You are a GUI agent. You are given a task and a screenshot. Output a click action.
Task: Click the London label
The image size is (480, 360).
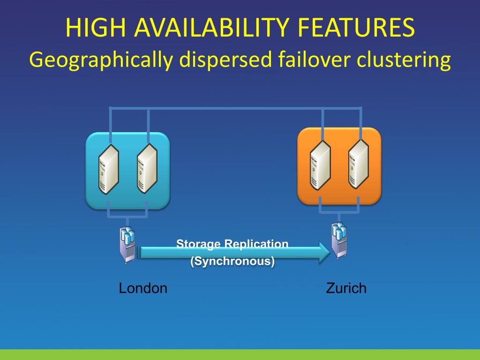coord(143,288)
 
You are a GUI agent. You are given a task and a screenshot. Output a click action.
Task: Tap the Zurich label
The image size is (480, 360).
coord(346,288)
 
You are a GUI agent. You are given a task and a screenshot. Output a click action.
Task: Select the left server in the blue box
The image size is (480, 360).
coord(108,169)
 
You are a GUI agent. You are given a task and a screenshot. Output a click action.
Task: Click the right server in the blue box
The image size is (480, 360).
coord(147,169)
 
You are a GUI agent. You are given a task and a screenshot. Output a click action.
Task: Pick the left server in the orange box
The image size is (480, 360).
coord(321,165)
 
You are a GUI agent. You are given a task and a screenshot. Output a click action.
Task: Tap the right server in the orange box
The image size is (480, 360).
coord(359,165)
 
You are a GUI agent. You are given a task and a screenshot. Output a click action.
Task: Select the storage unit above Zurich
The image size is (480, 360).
coord(339,240)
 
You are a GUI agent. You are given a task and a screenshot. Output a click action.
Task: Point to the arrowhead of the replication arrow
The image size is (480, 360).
coord(324,252)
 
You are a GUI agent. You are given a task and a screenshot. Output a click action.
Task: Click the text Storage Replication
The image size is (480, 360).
coord(232,244)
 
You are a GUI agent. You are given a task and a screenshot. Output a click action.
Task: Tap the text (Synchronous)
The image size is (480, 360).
coord(232,261)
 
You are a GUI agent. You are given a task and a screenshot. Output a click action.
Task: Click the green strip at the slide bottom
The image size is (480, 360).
coord(240,354)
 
